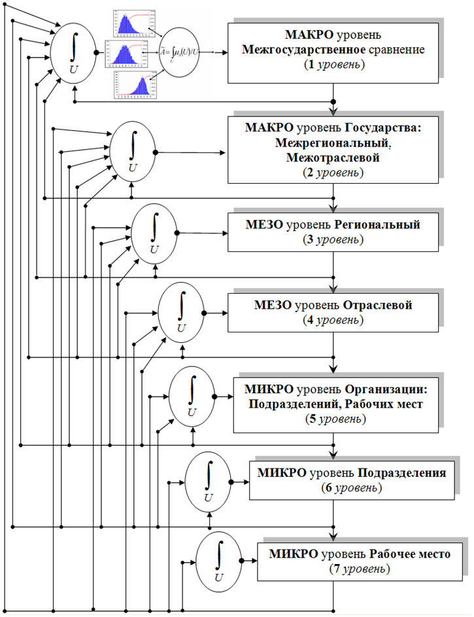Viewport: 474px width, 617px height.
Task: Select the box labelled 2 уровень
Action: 333,149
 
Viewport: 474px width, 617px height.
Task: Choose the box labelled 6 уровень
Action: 352,480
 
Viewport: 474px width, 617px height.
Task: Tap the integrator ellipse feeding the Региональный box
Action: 154,232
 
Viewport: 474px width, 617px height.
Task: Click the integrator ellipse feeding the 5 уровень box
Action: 192,397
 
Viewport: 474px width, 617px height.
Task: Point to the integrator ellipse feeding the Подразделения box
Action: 209,482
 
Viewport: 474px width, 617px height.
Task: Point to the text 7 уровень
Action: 361,569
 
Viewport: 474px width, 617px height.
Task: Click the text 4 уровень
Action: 333,320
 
